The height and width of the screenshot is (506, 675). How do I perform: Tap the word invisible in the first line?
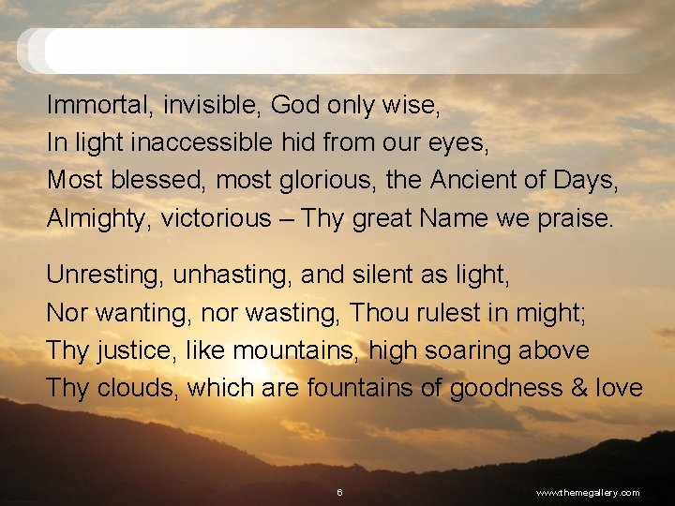point(212,105)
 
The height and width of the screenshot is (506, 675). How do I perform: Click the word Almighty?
point(98,218)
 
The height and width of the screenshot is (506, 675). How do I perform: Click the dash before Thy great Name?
point(286,219)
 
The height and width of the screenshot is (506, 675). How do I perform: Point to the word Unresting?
point(103,275)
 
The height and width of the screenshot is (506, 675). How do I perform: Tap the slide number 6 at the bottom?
point(339,492)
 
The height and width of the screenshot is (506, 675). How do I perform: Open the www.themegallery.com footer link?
point(587,492)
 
